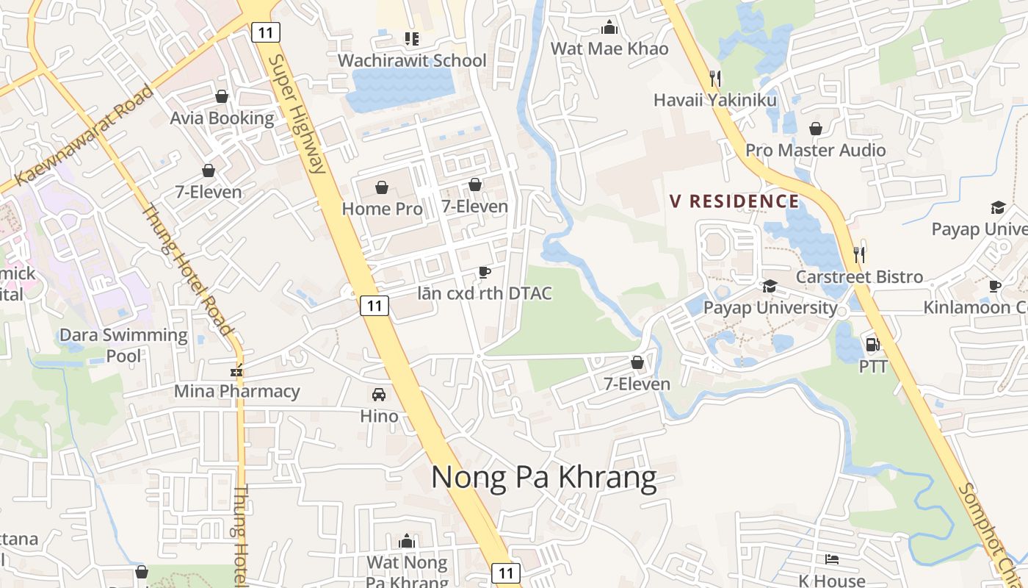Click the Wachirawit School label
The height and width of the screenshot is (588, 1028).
[x=412, y=60]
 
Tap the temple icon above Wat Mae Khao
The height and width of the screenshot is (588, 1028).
[x=609, y=28]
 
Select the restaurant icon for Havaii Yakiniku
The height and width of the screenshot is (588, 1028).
[x=715, y=78]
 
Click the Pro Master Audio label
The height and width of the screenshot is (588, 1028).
[x=815, y=150]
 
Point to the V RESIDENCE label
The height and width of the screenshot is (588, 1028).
[x=734, y=201]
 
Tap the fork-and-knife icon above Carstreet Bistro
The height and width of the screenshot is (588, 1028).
[x=859, y=255]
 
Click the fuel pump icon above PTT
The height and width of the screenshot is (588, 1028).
[x=873, y=344]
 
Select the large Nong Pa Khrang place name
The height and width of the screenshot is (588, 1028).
[x=543, y=478]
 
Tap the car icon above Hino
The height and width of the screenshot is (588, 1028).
[x=379, y=395]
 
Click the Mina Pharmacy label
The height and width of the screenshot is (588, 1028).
[x=236, y=391]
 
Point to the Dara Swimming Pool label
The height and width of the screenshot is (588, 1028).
[x=123, y=345]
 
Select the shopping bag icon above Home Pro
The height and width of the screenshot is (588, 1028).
[x=382, y=187]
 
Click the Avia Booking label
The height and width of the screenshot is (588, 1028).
[x=222, y=118]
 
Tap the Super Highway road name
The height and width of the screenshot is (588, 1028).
[x=297, y=114]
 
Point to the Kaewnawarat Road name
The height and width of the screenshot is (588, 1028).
[x=84, y=135]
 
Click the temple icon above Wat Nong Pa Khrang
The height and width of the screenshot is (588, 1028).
[x=407, y=542]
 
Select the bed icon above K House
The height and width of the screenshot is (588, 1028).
[x=832, y=559]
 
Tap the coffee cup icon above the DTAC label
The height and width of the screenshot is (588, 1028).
[x=484, y=273]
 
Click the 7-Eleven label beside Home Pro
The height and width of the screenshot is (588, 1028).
[x=474, y=207]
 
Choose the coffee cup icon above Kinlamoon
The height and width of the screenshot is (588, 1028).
[x=995, y=286]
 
